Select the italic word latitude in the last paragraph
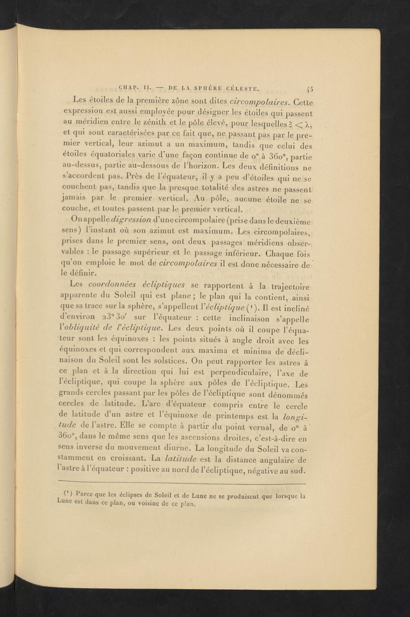[180, 458]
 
